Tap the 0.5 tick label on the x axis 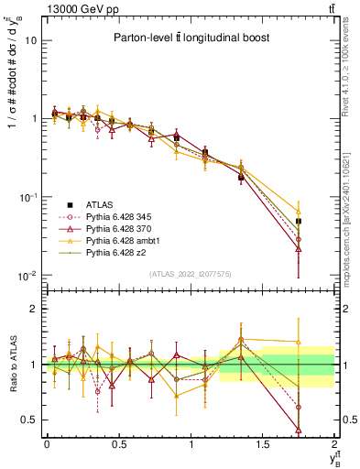point(118,444)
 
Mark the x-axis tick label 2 point(333,444)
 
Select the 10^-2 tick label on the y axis point(29,276)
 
